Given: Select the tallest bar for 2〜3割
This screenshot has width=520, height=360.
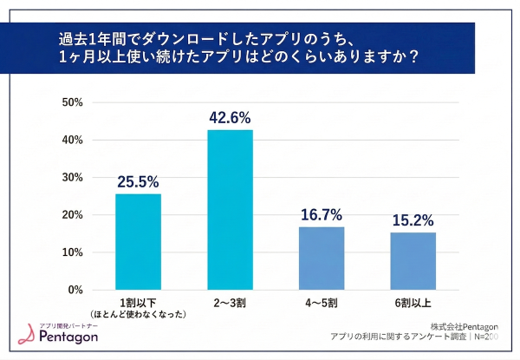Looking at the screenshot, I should [x=230, y=209].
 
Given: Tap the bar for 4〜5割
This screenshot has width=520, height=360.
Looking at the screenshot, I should [x=322, y=258].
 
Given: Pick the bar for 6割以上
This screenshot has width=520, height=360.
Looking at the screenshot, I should [x=413, y=260].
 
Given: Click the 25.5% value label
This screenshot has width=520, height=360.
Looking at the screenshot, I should [x=138, y=182].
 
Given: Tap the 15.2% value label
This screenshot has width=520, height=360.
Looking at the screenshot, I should [x=413, y=220].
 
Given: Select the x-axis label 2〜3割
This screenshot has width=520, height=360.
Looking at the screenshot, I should [x=230, y=304].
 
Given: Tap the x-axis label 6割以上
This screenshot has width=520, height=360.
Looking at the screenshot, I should [x=413, y=304].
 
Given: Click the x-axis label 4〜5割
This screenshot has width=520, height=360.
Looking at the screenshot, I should [x=322, y=304].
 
